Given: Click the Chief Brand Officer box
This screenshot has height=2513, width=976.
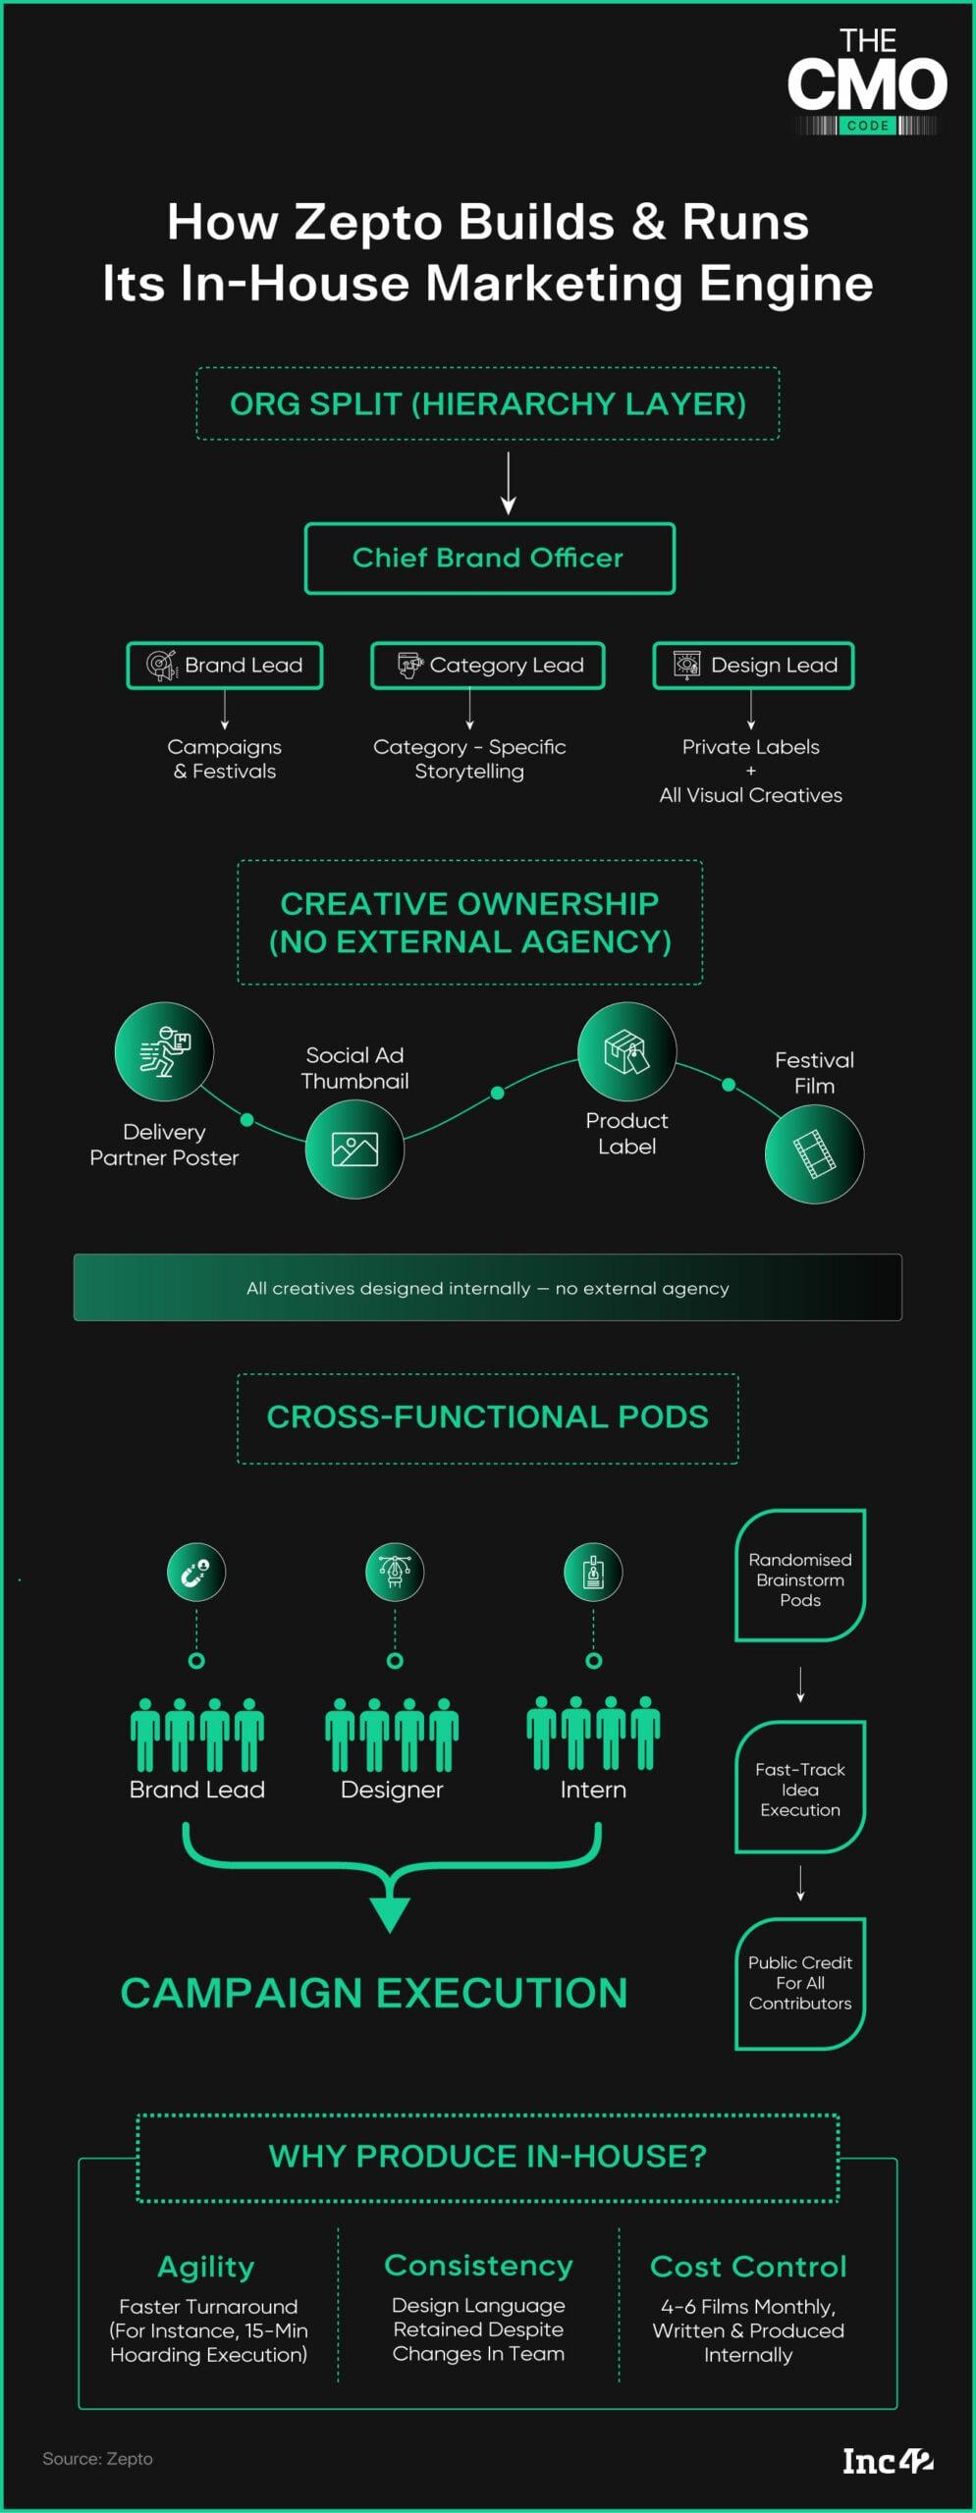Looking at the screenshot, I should click(x=489, y=558).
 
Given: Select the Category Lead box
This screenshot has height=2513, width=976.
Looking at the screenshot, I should click(x=487, y=666).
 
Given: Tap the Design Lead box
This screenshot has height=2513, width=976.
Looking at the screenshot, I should click(x=753, y=666).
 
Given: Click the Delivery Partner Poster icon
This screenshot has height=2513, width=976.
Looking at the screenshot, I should click(x=164, y=1051).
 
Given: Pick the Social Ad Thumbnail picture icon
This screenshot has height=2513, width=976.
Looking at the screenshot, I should click(x=354, y=1149).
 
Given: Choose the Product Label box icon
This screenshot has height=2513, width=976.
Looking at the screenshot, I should click(x=626, y=1051).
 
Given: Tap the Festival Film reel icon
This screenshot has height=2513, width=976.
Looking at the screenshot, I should click(x=814, y=1153).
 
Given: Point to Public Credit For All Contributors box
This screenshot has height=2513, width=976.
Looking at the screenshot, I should click(x=800, y=1983).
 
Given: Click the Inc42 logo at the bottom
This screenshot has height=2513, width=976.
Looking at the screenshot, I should click(x=888, y=2461).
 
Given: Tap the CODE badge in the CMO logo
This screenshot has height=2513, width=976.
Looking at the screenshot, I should click(x=867, y=126).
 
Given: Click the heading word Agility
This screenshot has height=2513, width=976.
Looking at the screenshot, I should click(x=206, y=2267).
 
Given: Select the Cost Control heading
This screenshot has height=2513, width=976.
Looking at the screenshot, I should click(x=748, y=2267).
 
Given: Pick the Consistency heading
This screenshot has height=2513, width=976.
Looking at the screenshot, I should click(x=478, y=2266).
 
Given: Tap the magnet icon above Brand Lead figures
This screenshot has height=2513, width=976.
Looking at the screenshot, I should click(x=196, y=1572).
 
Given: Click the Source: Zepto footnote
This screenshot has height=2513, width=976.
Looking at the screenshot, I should click(x=97, y=2459).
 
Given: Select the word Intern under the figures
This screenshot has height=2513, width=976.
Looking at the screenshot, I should click(x=593, y=1790).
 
